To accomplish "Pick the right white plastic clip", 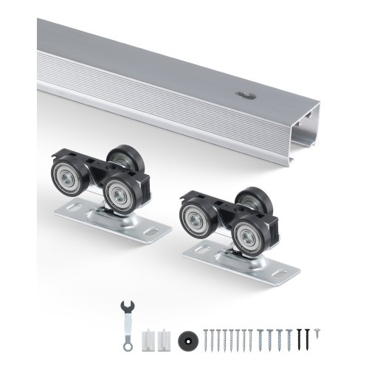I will pyautogui.click(x=161, y=337).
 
